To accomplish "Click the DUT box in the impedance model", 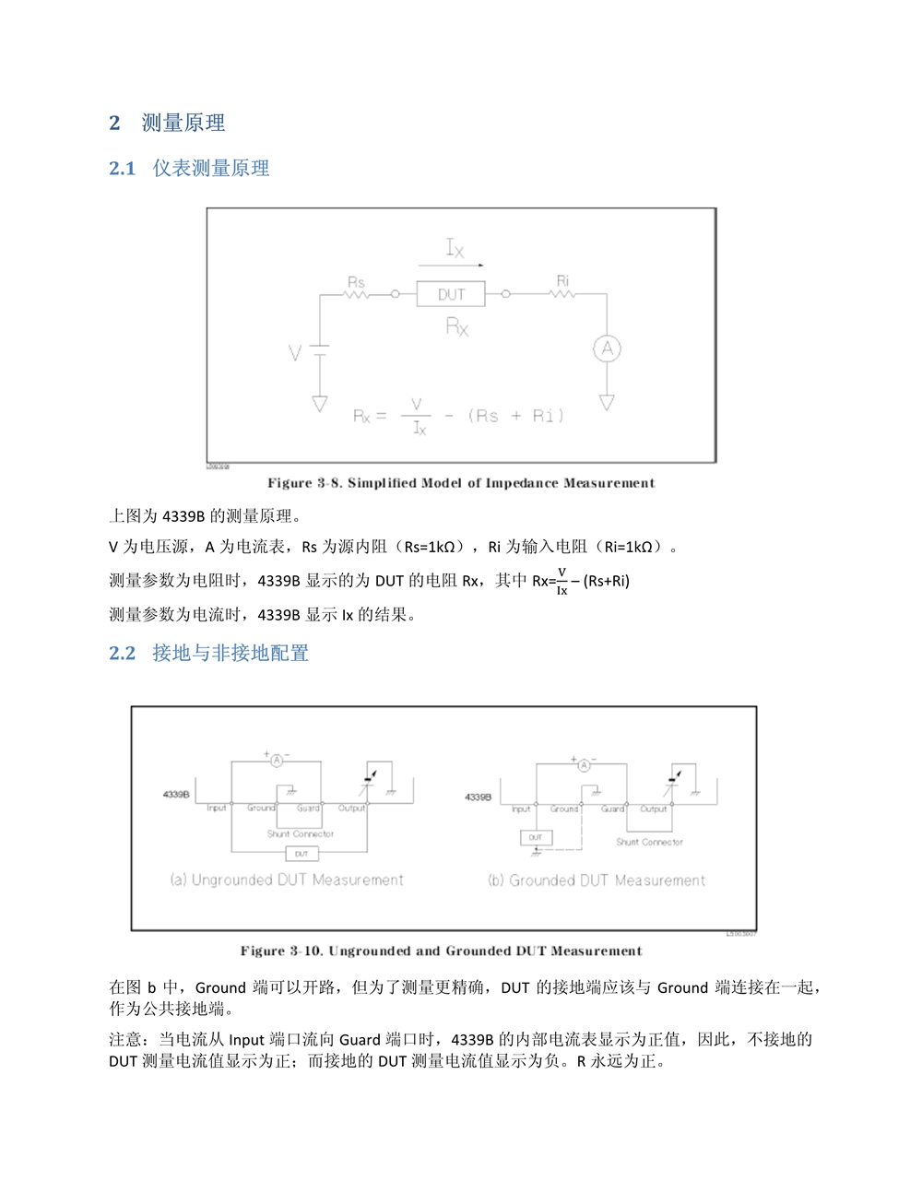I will click(x=451, y=294).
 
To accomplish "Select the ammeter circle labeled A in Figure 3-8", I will click(x=607, y=348).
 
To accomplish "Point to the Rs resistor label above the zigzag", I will click(x=356, y=282).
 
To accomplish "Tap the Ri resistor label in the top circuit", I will click(x=562, y=280).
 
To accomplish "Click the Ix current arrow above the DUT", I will click(x=451, y=264).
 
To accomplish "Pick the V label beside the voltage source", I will click(x=295, y=352).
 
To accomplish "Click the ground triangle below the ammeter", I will click(x=607, y=403).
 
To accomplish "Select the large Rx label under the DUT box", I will click(x=457, y=326).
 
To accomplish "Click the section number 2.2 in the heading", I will click(x=122, y=654).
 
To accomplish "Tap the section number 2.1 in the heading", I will click(x=122, y=169).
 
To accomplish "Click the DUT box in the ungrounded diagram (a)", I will click(x=301, y=854).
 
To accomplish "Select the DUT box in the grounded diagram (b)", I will click(x=535, y=837).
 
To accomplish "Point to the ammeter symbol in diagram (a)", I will click(x=276, y=761).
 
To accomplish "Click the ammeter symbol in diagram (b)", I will click(x=584, y=764).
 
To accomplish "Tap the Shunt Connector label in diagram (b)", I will click(x=649, y=842).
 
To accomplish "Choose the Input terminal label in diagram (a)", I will click(x=217, y=809).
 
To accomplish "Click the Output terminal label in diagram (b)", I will click(x=654, y=809).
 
